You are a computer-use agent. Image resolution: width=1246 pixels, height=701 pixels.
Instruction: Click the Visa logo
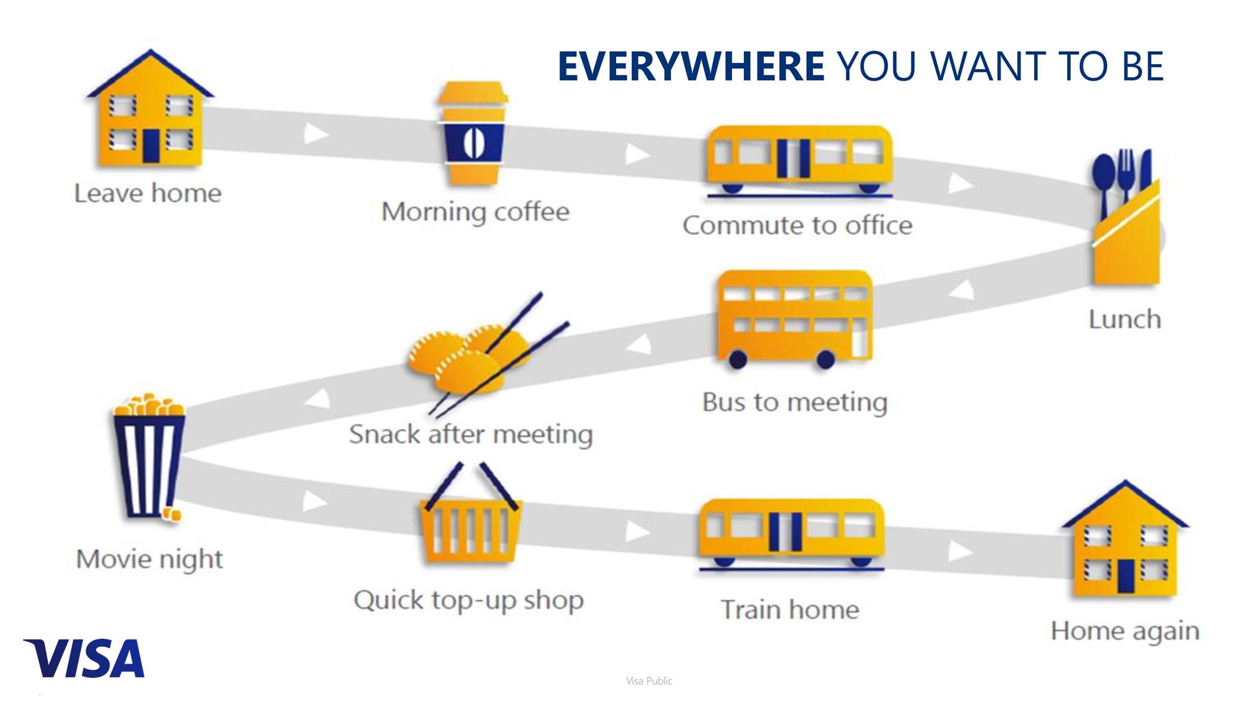point(84,658)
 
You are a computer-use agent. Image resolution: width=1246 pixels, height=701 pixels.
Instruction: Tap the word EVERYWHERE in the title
point(691,66)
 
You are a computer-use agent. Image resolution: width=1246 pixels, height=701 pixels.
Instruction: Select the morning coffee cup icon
point(473,133)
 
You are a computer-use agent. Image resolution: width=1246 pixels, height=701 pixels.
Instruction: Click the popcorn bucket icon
point(149,457)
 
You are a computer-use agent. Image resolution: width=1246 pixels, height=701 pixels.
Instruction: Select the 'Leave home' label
point(148,193)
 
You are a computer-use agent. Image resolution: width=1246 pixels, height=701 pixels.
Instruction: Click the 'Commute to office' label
point(797,225)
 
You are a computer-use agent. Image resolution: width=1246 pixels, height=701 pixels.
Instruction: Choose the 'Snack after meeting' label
point(471,434)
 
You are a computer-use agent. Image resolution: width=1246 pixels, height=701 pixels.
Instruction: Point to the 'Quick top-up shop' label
point(468,601)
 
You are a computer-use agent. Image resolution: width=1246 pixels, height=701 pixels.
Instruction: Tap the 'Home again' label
point(1125,631)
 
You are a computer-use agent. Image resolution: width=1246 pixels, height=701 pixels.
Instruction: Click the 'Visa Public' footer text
point(649,681)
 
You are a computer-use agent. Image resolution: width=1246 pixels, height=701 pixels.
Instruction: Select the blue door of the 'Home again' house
point(1125,576)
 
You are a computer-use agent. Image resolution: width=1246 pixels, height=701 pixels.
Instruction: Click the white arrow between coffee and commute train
point(637,154)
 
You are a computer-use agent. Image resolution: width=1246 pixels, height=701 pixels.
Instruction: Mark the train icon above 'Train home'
point(791,535)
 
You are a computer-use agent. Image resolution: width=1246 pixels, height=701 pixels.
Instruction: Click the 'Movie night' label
point(150,559)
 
